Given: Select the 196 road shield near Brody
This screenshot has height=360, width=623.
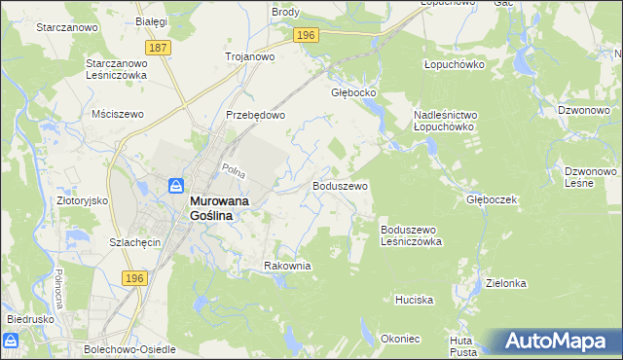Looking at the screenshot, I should pyautogui.click(x=306, y=35).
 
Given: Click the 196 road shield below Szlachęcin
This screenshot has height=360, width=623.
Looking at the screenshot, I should pyautogui.click(x=136, y=278).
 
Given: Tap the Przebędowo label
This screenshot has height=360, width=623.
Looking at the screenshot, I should pyautogui.click(x=255, y=115).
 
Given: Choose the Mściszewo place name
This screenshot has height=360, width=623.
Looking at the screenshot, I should pyautogui.click(x=117, y=114).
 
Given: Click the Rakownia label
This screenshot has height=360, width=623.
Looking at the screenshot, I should pyautogui.click(x=287, y=266).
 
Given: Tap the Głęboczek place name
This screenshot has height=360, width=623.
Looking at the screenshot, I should pyautogui.click(x=491, y=198).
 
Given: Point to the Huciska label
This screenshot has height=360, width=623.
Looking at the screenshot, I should pyautogui.click(x=414, y=300).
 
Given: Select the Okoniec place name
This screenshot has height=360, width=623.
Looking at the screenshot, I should pyautogui.click(x=401, y=339).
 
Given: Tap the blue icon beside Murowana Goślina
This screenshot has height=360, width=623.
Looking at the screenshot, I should pyautogui.click(x=176, y=185).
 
